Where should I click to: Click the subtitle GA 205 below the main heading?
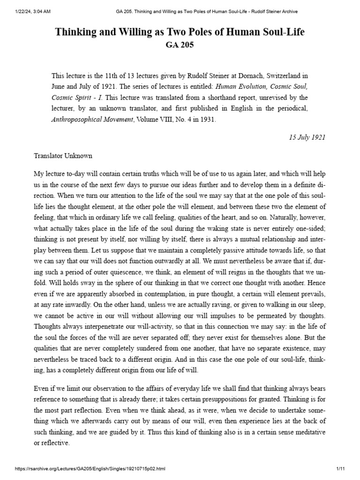pyautogui.click(x=180, y=45)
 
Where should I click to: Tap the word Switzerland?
pyautogui.click(x=265, y=75)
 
